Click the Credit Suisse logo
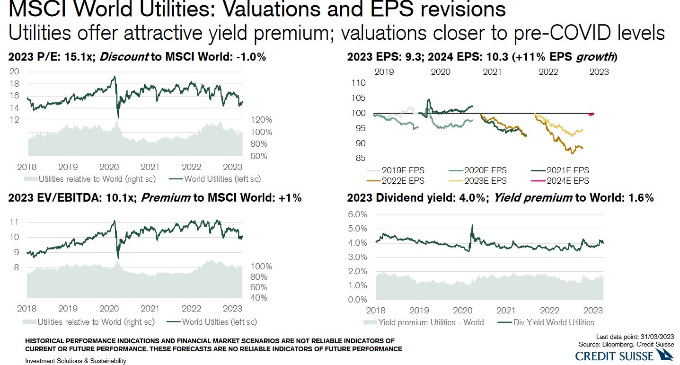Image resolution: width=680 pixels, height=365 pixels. tap(624, 355)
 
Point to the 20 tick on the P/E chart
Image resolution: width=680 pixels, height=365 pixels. tap(15, 71)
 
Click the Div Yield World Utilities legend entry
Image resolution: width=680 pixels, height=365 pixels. tap(547, 322)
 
